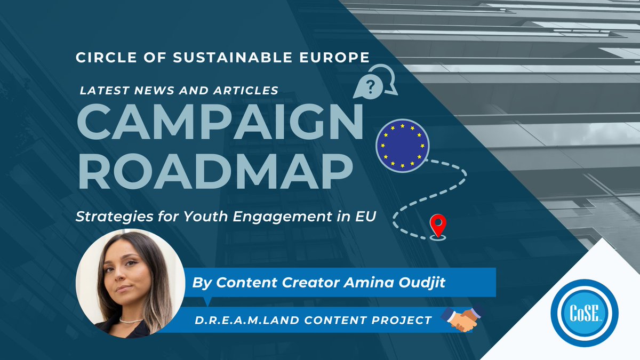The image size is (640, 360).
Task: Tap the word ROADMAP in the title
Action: click(215, 170)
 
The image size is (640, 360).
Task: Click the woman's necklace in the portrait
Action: click(130, 320)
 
